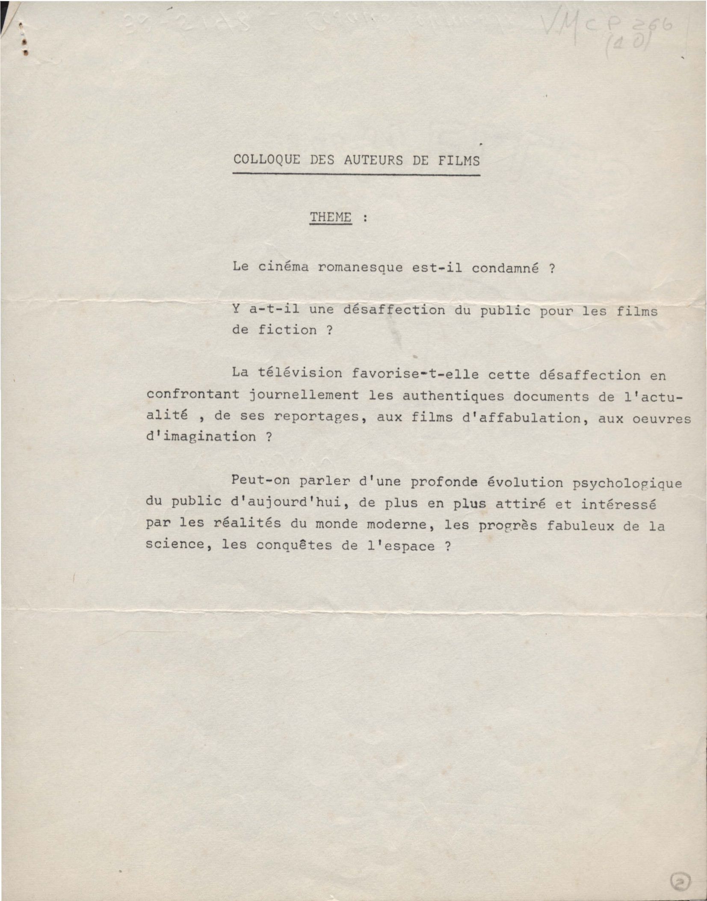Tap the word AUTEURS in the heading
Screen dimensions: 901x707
[373, 160]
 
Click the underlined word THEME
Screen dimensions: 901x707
[331, 217]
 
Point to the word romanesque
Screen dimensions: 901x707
[360, 268]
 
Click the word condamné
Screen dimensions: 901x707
[505, 268]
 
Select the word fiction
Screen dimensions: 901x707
[287, 330]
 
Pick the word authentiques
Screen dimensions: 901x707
[453, 396]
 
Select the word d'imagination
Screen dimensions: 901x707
[201, 437]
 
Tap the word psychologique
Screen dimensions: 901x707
[627, 483]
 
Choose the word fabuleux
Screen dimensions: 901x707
[580, 525]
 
